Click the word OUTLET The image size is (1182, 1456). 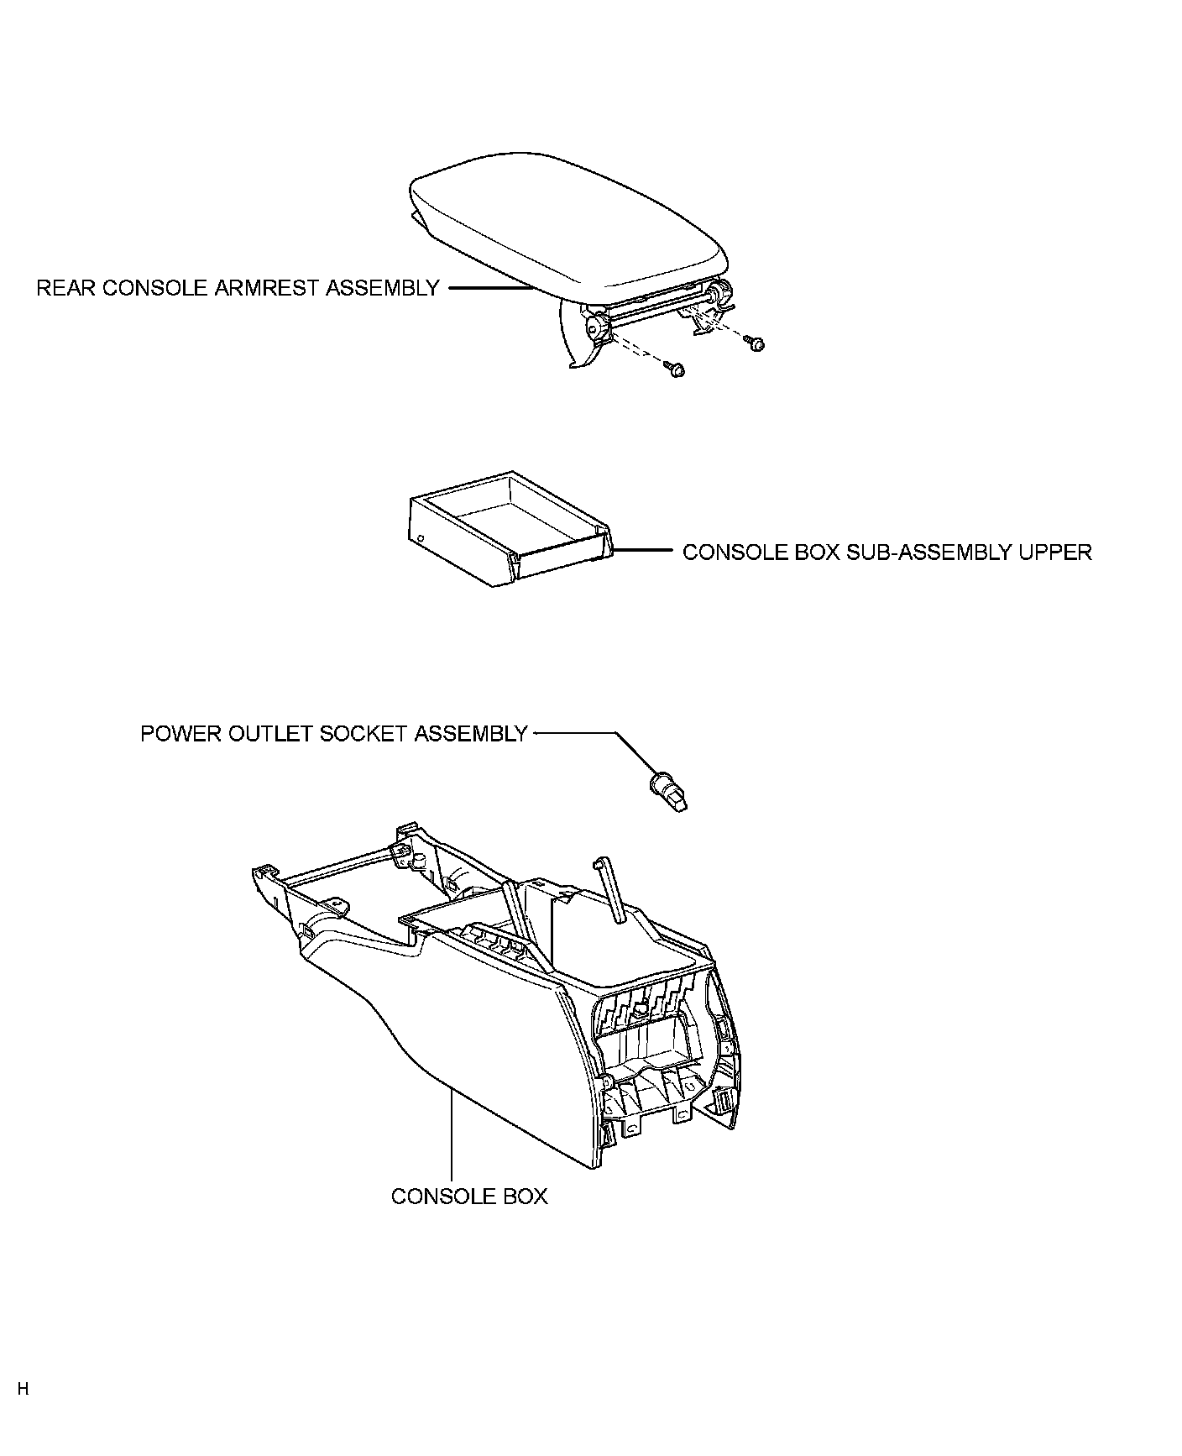[x=269, y=734]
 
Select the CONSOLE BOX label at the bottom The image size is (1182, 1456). [x=468, y=1196]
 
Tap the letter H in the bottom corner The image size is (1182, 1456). [x=23, y=1389]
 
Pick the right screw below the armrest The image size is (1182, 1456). [x=756, y=343]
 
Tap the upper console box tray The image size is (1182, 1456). [x=504, y=525]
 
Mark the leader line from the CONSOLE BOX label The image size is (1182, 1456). [x=452, y=1134]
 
